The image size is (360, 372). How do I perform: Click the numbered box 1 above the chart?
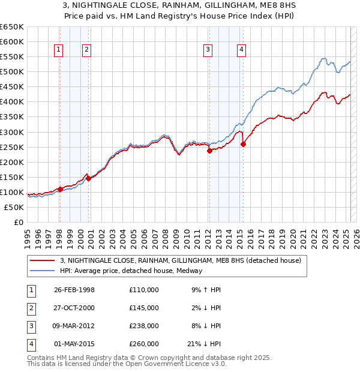click(x=59, y=50)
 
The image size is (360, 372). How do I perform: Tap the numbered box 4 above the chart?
click(x=241, y=50)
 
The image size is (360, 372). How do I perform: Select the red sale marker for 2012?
click(x=209, y=151)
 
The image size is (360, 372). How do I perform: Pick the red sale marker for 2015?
click(x=243, y=144)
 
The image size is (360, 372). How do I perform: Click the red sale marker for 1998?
click(x=60, y=189)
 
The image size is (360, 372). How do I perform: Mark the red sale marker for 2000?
click(x=88, y=178)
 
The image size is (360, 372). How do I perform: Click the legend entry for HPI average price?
click(x=131, y=271)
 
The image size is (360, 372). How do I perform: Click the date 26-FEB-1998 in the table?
click(x=74, y=290)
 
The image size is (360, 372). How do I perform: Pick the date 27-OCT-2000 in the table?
click(x=74, y=308)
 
